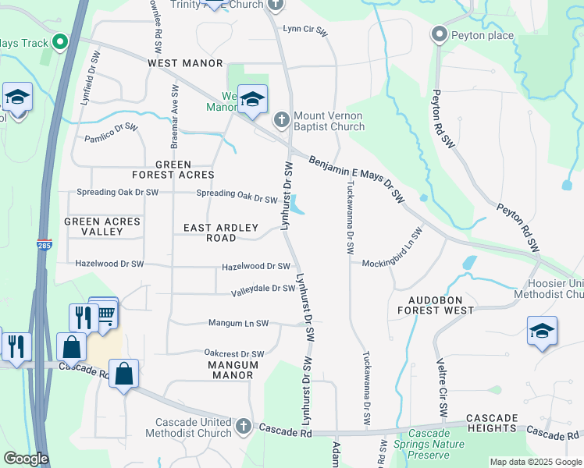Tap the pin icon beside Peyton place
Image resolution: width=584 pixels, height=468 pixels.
tap(439, 35)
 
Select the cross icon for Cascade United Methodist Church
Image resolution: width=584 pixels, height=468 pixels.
tap(244, 426)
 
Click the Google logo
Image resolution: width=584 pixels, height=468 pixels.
tap(25, 459)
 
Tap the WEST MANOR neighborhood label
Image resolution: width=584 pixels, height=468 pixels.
tap(185, 62)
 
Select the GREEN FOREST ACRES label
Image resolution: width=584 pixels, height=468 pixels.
tap(184, 169)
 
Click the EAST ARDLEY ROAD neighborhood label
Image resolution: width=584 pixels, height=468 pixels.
tap(220, 232)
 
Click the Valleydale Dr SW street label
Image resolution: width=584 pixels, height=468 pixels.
tap(263, 291)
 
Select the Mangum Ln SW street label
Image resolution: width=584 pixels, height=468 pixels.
tap(238, 323)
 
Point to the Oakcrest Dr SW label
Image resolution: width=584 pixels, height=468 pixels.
tap(233, 354)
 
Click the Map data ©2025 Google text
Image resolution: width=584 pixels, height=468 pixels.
tap(535, 462)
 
